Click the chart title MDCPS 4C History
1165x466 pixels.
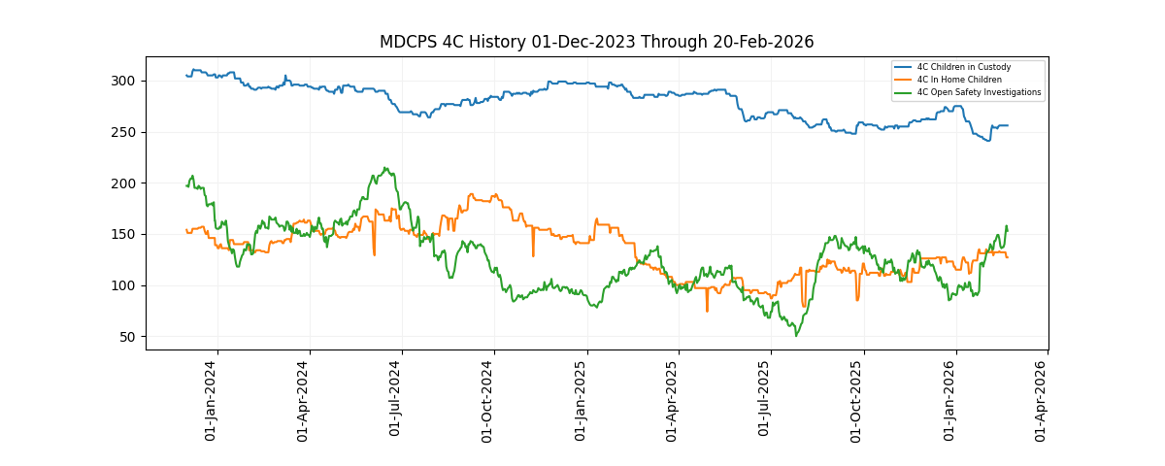click(596, 42)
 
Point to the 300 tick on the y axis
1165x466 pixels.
click(128, 81)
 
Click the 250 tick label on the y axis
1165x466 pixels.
click(128, 132)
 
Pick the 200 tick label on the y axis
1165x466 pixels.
click(128, 183)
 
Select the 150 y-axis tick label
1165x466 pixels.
click(128, 234)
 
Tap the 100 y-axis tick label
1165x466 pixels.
click(128, 285)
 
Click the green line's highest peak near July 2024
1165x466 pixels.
click(386, 168)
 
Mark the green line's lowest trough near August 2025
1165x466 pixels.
click(796, 336)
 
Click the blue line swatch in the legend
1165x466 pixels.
click(903, 67)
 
